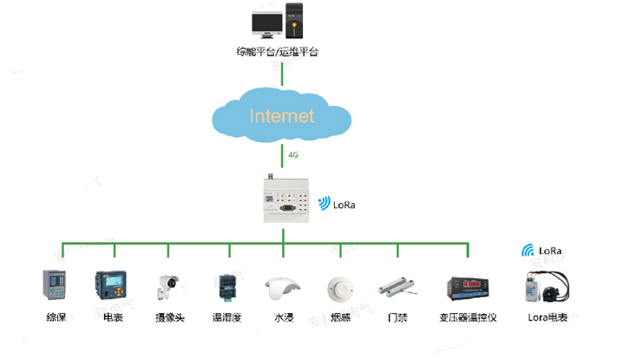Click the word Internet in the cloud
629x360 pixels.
(282, 115)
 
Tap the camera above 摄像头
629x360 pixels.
(167, 287)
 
